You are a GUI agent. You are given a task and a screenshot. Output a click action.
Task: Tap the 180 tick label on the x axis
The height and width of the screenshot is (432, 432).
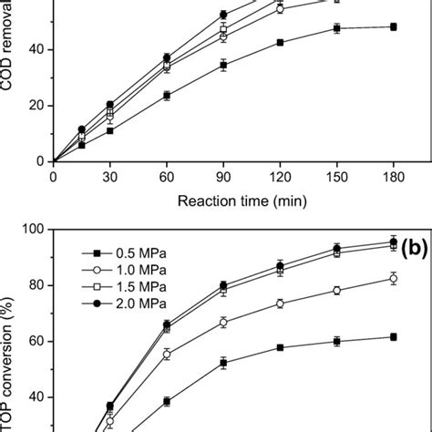pos(393,177)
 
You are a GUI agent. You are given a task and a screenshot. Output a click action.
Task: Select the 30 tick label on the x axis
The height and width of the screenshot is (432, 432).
pos(110,177)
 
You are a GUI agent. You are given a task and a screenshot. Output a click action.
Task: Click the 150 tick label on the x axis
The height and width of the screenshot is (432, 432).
pos(336,177)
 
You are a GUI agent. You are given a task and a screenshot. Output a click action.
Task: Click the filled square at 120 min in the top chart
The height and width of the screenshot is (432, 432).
pos(280,42)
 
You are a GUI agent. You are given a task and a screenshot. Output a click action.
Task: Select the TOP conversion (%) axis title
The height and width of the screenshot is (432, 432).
pos(12,346)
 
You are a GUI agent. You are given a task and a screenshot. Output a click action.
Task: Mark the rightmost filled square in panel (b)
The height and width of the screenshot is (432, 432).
pos(393,336)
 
